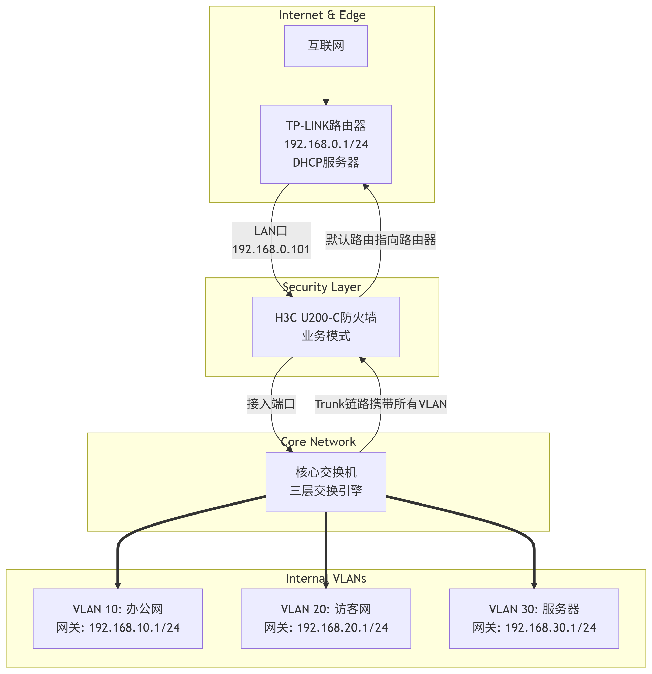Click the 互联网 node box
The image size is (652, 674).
point(326,46)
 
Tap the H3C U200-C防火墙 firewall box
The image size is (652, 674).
point(326,327)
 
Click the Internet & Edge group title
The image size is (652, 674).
point(322,15)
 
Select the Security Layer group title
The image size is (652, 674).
point(322,287)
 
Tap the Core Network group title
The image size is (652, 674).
point(318,442)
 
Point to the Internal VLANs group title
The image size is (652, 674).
point(326,579)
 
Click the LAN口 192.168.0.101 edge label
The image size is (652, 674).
point(271,240)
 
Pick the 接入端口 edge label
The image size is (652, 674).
point(271,404)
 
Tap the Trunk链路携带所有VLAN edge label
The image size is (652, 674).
point(381,404)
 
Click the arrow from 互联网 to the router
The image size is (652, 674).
point(326,86)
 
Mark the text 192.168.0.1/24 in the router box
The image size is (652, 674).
point(326,144)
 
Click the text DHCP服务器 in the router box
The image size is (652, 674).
point(326,162)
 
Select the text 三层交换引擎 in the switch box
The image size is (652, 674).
point(326,490)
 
